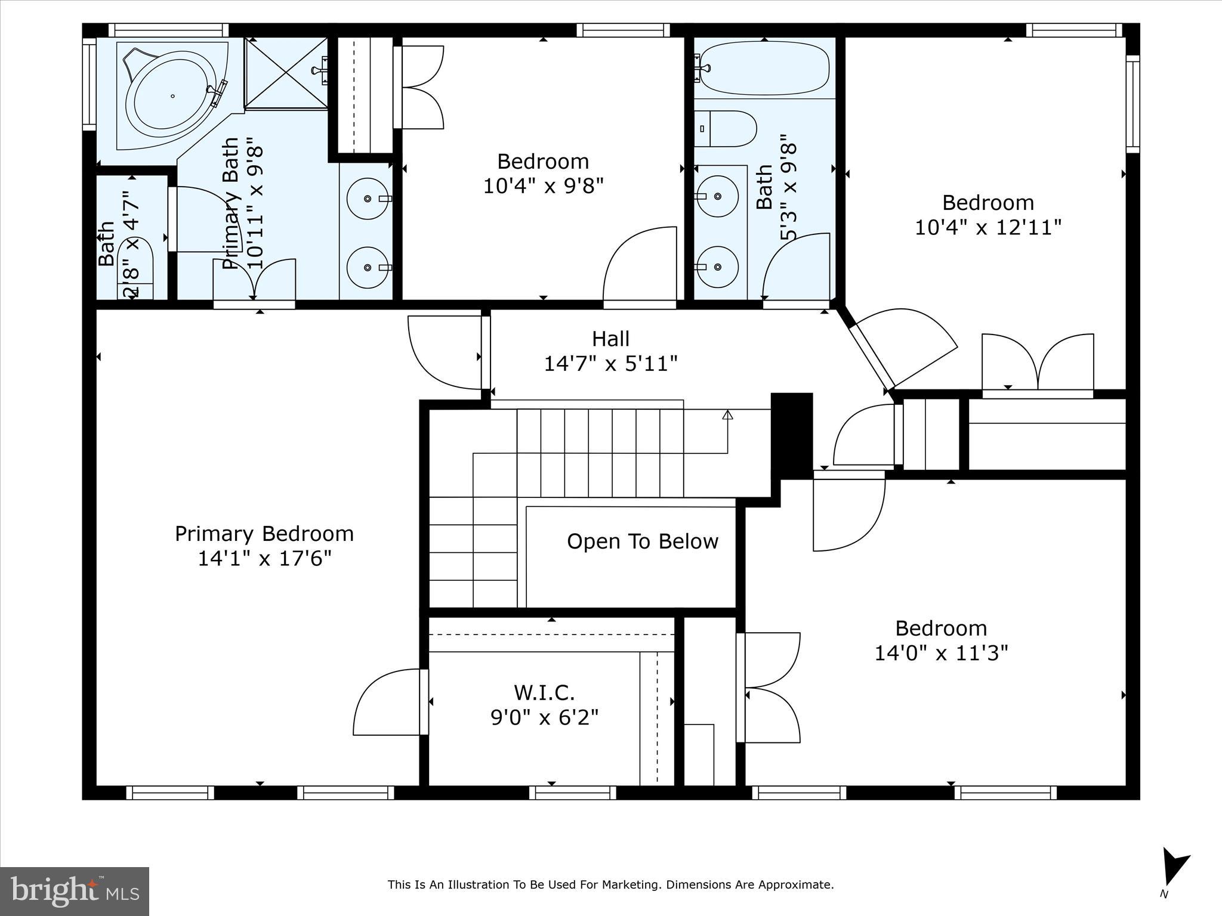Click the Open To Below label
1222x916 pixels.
[642, 541]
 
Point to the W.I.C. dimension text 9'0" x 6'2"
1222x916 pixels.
[544, 717]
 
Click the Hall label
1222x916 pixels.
[610, 339]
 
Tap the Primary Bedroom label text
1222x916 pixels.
[264, 534]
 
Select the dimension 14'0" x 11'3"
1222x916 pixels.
[941, 654]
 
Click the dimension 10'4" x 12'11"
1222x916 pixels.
[988, 228]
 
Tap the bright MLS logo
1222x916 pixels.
[74, 892]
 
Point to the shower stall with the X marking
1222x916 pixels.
[286, 73]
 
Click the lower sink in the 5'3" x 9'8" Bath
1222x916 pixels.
[718, 267]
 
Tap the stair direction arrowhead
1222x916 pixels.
[727, 414]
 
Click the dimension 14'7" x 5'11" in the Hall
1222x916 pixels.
[610, 364]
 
